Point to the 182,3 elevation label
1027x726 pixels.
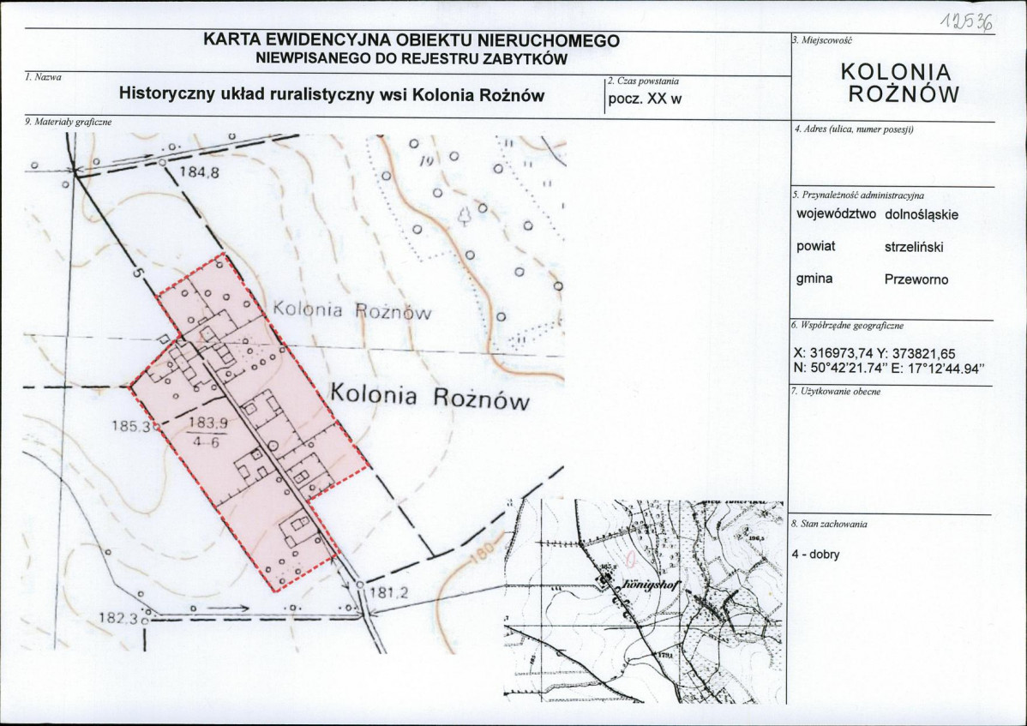tap(120, 617)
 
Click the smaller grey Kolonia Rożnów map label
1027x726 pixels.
tap(351, 310)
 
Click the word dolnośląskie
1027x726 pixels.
tap(922, 214)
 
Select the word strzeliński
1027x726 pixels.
tap(914, 246)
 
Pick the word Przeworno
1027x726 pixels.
tap(916, 279)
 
